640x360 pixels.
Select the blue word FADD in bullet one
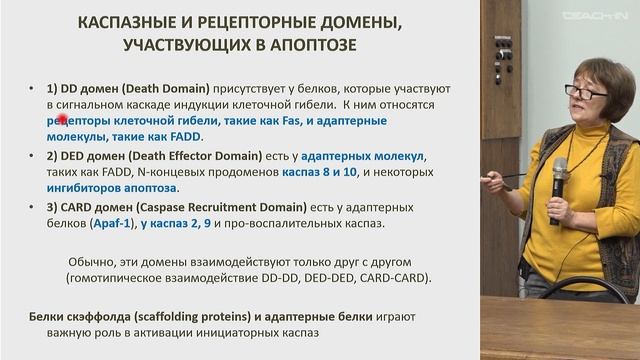[x=184, y=136]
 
